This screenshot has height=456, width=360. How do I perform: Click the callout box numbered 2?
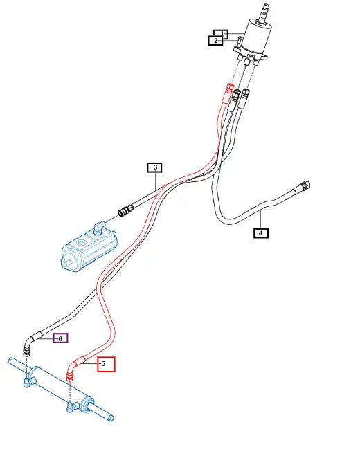tap(215, 40)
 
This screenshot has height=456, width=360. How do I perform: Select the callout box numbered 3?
tap(155, 167)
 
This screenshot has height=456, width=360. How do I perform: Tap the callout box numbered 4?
tap(261, 233)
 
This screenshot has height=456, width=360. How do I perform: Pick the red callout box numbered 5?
tap(106, 364)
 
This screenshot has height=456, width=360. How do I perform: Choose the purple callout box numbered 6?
tap(60, 338)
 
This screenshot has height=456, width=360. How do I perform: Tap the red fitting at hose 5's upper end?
tap(231, 87)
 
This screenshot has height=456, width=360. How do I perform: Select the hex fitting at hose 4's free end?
tap(305, 185)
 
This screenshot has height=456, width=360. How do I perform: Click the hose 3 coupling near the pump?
tap(126, 210)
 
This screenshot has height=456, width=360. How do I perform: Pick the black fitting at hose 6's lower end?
tap(27, 352)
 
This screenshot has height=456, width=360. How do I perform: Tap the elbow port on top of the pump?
tap(99, 227)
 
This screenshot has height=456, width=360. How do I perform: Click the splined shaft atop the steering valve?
tap(264, 13)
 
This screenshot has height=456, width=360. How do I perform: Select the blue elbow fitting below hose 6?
tap(28, 382)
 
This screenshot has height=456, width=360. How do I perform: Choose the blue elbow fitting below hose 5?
tap(72, 406)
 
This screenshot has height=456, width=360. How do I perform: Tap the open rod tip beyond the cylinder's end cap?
tap(111, 418)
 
